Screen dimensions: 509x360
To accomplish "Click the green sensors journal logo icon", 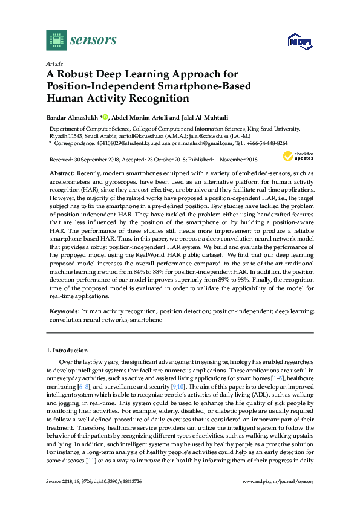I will coord(55,40).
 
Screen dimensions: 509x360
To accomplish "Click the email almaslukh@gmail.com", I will coord(210,143).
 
